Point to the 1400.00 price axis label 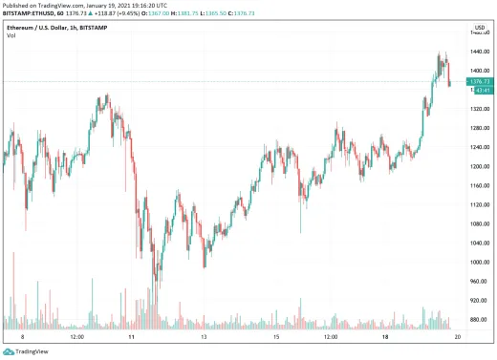pos(479,72)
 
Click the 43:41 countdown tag pos(481,90)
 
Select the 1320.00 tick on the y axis pos(479,110)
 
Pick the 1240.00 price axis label pos(479,148)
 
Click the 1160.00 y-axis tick pos(479,186)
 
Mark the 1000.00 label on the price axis pos(479,263)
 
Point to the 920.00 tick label pos(479,301)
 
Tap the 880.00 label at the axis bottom pos(479,320)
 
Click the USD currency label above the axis pos(479,28)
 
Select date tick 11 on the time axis pos(134,337)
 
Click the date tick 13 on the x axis pos(204,337)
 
